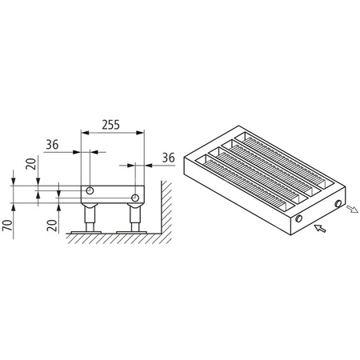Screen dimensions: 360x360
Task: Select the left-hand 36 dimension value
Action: coord(53,145)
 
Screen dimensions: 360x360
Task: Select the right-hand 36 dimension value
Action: coord(167,158)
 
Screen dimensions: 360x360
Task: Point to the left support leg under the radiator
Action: coord(92,216)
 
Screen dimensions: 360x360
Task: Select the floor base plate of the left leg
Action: coord(90,232)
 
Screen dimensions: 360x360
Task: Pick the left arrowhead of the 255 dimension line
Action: coord(86,133)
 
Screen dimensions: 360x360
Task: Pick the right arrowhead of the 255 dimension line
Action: coord(141,133)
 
